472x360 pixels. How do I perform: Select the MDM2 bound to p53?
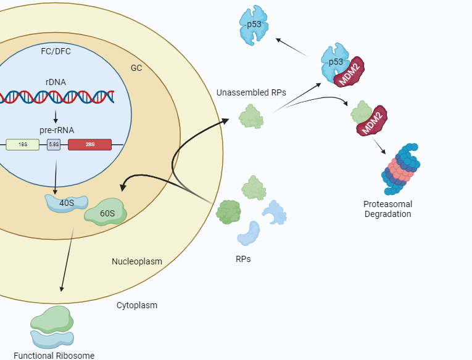[349, 72]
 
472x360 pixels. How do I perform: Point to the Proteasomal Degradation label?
[387, 209]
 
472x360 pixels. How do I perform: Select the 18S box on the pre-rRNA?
[22, 144]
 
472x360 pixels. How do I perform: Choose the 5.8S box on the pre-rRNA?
[54, 144]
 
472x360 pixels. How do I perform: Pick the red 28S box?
[89, 144]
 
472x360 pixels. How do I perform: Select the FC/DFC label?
[56, 51]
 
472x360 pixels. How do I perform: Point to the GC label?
[136, 68]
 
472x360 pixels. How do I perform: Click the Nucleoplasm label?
[137, 261]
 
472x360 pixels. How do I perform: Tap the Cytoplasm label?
[137, 305]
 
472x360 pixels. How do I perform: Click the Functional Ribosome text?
[54, 355]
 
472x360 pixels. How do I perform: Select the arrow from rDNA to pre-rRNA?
[56, 116]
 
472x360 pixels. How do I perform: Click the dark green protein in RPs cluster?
[228, 212]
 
